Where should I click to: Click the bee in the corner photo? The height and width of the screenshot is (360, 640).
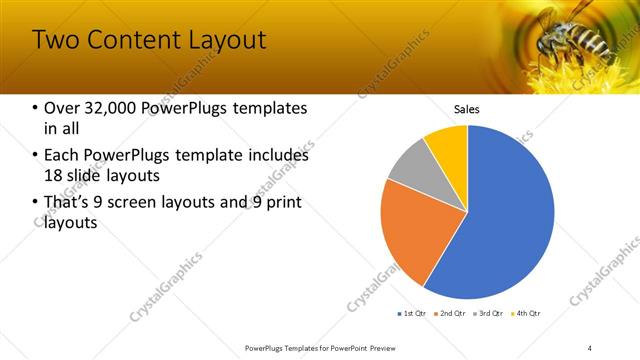pos(570,35)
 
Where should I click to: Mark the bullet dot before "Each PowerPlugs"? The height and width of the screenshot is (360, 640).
pos(36,156)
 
